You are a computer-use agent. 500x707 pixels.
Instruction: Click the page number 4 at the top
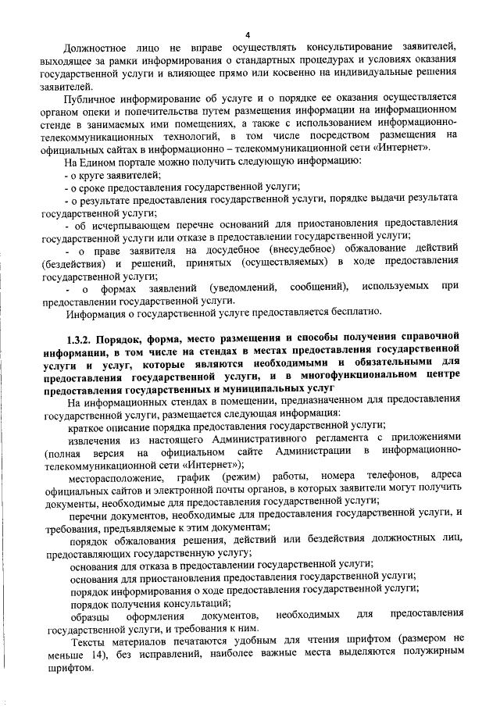247,35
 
